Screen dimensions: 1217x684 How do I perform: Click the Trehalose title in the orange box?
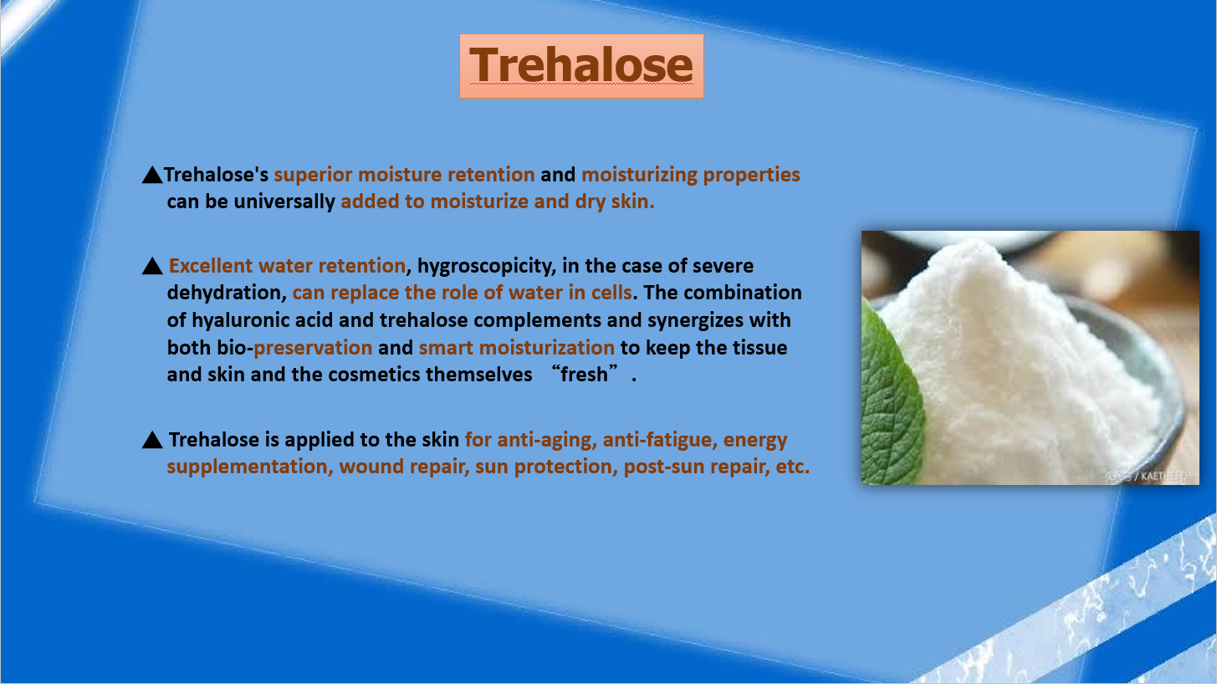click(581, 64)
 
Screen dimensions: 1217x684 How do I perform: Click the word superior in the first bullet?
click(313, 175)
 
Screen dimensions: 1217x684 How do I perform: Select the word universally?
click(284, 202)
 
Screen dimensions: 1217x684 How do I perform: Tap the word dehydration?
click(227, 293)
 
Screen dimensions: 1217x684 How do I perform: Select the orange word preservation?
click(313, 348)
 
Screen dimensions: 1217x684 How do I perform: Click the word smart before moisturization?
click(446, 348)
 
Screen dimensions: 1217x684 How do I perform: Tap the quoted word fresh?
click(584, 375)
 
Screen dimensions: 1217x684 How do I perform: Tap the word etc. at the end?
click(793, 467)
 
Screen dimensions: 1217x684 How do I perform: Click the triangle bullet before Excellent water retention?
click(152, 266)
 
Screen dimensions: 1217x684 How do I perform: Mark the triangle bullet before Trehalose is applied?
click(152, 440)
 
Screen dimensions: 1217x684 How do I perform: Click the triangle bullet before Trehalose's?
click(152, 175)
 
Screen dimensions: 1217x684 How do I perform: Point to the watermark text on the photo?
click(1152, 477)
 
